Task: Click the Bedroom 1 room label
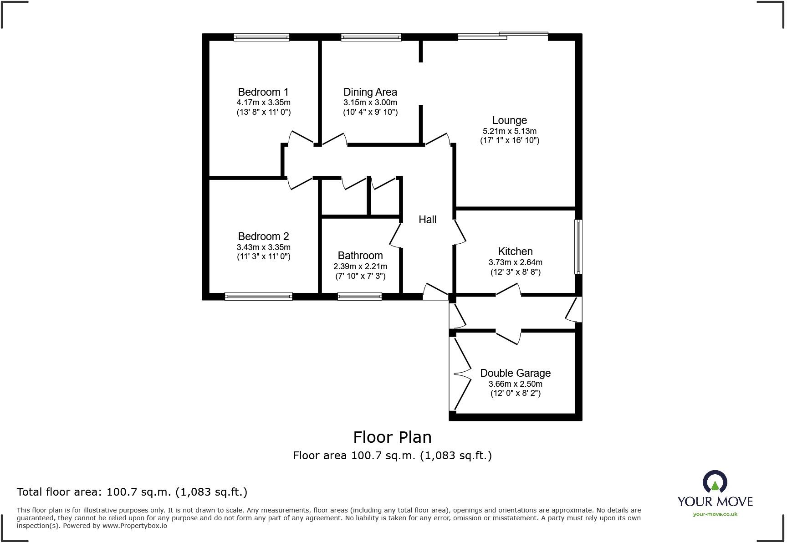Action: tap(263, 92)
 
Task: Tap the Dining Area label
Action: tap(370, 92)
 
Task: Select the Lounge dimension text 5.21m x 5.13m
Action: tap(509, 131)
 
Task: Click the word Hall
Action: tap(427, 220)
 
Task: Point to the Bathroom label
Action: tap(360, 256)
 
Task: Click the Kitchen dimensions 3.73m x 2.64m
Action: tap(515, 262)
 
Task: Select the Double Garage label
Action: tap(515, 373)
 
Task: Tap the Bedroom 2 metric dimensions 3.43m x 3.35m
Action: tap(263, 247)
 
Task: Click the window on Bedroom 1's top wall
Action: tap(261, 37)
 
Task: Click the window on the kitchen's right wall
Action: tap(578, 246)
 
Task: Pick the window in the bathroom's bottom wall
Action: tap(359, 296)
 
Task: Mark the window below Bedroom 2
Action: tap(258, 296)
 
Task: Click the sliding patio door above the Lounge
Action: tap(503, 36)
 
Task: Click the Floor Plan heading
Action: tap(392, 437)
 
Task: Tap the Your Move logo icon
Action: tap(715, 482)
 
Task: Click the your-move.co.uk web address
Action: tap(715, 514)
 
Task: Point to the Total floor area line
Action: tap(132, 492)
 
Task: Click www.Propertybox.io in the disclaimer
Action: tap(134, 526)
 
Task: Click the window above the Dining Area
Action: tap(371, 37)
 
